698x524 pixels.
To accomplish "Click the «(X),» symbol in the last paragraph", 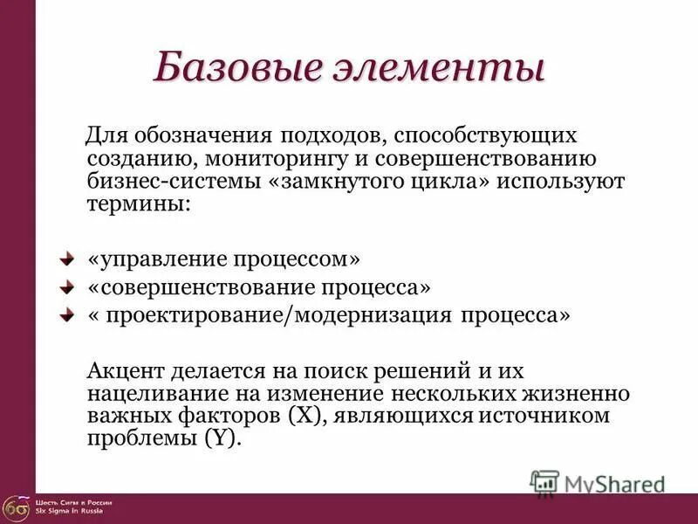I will [305, 416].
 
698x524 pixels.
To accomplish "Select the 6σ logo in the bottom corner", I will [15, 507].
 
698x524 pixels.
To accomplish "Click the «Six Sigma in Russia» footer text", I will [69, 511].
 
